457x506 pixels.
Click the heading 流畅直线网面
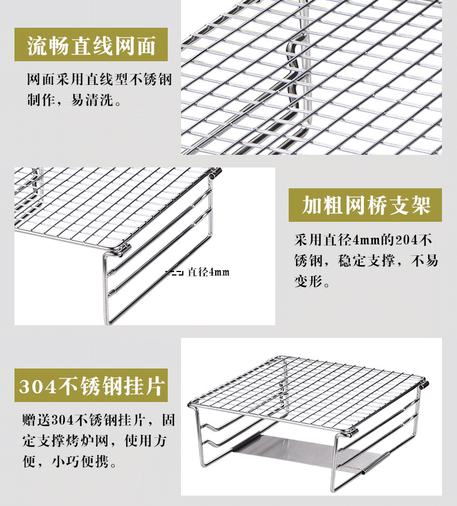click(x=91, y=46)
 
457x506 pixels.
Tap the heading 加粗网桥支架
click(x=366, y=206)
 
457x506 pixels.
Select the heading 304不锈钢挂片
click(x=91, y=386)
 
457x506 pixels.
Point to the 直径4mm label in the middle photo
click(x=208, y=272)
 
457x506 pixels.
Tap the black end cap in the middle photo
click(x=218, y=172)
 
